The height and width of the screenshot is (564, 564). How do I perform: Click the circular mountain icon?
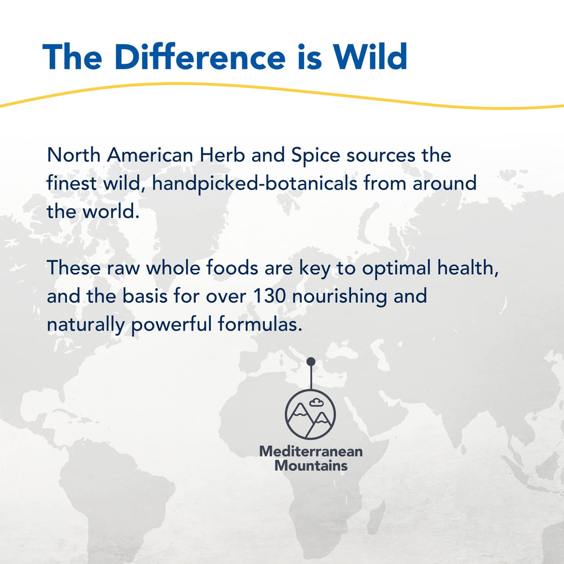310,415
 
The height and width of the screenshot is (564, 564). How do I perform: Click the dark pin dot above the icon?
310,362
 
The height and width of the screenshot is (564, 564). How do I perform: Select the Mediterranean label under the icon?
310,451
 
